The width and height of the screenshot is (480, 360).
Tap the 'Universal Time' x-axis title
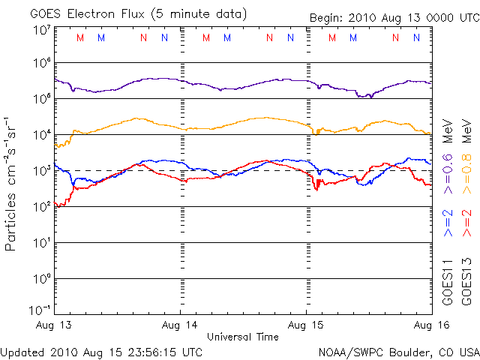coord(242,337)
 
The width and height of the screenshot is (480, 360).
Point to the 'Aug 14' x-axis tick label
coord(181,325)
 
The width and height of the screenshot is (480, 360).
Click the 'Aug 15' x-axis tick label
coord(306,325)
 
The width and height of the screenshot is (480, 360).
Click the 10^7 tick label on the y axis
coord(41,31)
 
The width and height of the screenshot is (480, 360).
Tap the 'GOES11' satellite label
coord(448,286)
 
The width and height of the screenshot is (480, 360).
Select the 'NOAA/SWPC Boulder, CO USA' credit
coord(398,351)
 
